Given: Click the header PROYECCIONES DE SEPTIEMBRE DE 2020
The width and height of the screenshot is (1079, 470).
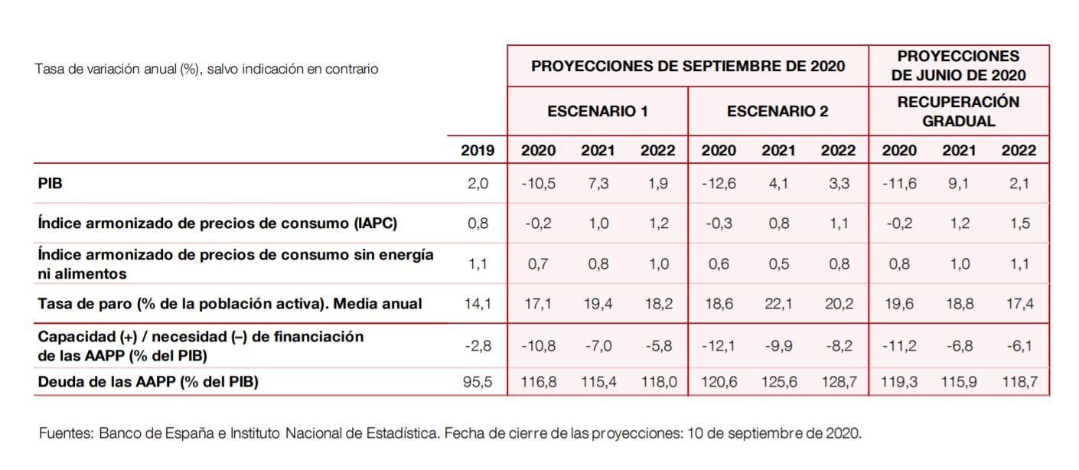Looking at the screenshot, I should click(687, 67).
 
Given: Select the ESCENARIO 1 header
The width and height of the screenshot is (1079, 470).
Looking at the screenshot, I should click(597, 111).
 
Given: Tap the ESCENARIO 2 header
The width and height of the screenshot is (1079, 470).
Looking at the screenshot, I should click(777, 111).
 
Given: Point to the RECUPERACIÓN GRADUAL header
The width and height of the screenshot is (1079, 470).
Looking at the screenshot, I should click(958, 111).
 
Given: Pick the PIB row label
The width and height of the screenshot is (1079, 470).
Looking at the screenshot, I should click(51, 184).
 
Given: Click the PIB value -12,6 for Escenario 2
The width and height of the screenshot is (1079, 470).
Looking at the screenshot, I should click(718, 184).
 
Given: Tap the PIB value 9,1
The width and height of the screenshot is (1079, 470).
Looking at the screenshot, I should click(958, 184).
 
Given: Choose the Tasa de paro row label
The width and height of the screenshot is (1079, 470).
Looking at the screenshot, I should click(230, 304).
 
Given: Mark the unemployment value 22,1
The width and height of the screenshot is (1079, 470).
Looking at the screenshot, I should click(777, 304).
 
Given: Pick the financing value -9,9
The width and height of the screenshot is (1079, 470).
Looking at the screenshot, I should click(777, 346).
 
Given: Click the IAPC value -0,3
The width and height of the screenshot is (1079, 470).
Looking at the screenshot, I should click(718, 224).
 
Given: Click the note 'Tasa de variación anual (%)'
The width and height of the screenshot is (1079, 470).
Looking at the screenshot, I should click(115, 69).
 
